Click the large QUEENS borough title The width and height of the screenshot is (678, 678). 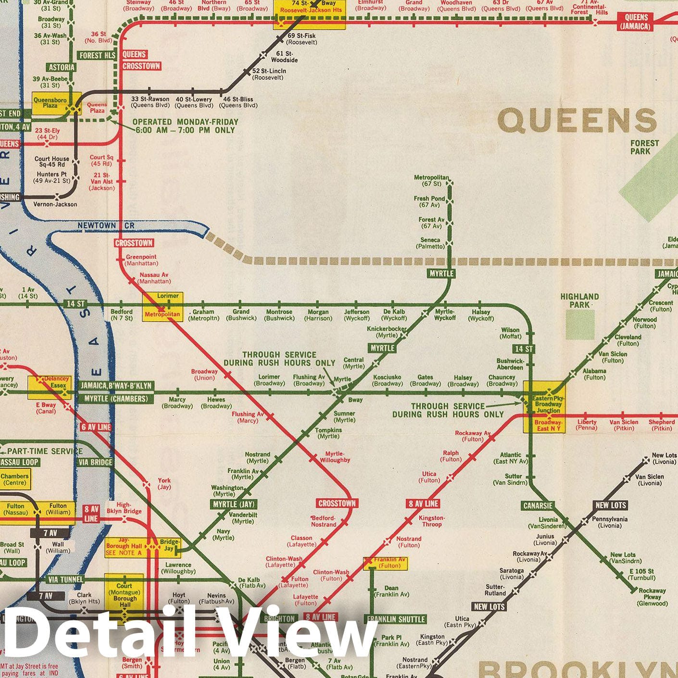(x=577, y=121)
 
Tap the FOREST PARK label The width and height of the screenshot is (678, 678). (x=644, y=147)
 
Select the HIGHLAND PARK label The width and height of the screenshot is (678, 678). (x=579, y=301)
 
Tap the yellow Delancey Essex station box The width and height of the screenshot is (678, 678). (x=50, y=387)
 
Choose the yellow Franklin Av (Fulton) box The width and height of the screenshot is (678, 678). (x=385, y=563)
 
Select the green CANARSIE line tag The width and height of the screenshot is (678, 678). (x=538, y=505)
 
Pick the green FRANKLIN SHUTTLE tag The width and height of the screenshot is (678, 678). (x=396, y=619)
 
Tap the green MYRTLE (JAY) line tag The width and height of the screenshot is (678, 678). (x=234, y=504)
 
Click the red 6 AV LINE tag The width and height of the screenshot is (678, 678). (x=96, y=427)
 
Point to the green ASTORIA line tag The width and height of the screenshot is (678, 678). (x=62, y=67)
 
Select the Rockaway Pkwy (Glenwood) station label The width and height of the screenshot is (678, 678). (x=652, y=597)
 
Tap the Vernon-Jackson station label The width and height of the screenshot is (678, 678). (x=55, y=204)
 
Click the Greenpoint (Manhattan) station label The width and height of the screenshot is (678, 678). (x=141, y=260)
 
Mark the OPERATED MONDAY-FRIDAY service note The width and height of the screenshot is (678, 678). (x=185, y=126)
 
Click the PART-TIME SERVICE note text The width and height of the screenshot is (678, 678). (x=44, y=452)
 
